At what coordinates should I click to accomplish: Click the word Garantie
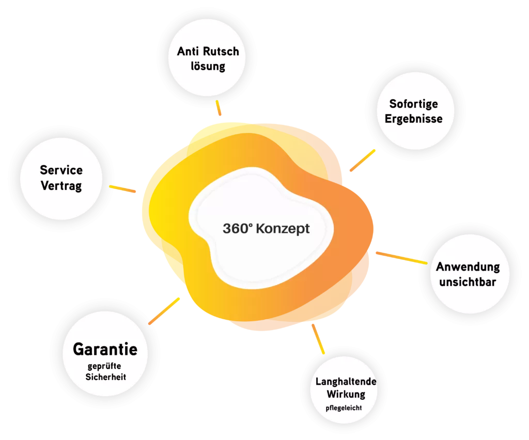105,350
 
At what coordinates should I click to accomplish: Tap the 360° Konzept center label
266,228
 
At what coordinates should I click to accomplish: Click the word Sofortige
413,104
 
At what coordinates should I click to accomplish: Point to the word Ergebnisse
413,119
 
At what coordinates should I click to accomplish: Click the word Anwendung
468,267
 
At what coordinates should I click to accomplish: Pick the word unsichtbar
468,282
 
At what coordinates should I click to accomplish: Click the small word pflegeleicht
344,408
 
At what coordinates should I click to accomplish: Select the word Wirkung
346,394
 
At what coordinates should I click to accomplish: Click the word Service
61,170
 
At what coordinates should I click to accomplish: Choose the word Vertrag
61,185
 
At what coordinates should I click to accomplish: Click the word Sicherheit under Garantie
105,377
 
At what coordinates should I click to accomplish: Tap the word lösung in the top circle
208,66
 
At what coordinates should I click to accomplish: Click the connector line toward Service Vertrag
123,189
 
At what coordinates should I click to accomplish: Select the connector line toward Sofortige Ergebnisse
362,161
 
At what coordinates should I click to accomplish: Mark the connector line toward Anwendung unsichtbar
401,258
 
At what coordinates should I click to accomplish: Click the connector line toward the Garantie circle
165,310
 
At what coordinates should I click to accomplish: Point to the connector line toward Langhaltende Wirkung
318,338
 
